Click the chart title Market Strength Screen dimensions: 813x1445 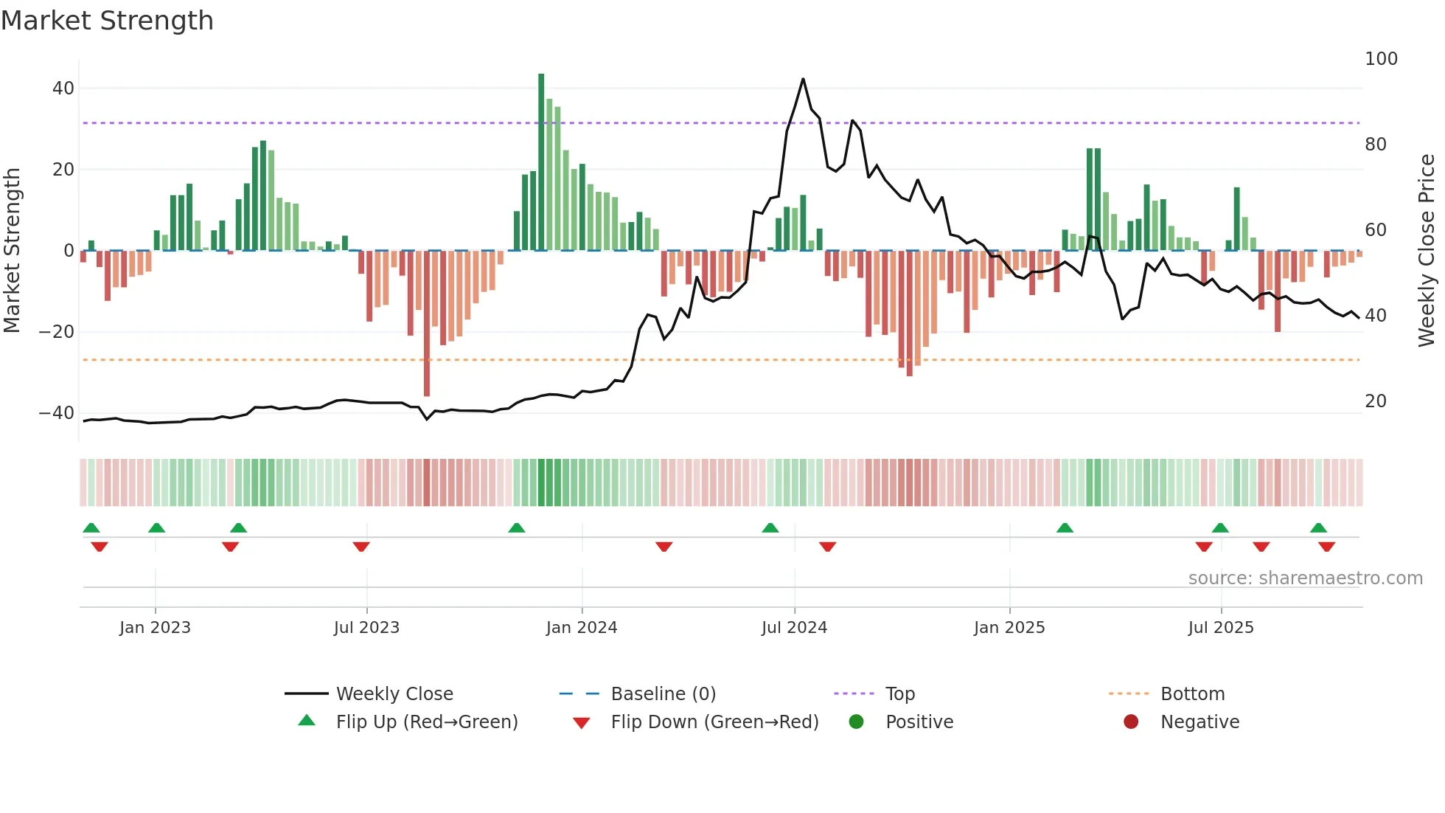[107, 21]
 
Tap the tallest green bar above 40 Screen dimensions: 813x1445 [541, 162]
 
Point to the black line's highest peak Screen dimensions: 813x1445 [803, 79]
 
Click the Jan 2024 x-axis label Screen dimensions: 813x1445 [582, 628]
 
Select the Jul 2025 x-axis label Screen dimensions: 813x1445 [1221, 628]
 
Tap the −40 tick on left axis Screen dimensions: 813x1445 [57, 413]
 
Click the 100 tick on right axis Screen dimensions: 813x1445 [1381, 59]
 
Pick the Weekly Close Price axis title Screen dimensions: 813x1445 [1427, 251]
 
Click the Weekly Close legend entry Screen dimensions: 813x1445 [394, 694]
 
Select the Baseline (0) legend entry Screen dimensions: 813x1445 [663, 694]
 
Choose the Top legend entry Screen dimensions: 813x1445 [899, 694]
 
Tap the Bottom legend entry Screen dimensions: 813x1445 [1192, 694]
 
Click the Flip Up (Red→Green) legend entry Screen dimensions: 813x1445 [426, 722]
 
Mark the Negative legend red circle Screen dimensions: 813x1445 [1131, 722]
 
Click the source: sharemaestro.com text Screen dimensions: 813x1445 [1305, 578]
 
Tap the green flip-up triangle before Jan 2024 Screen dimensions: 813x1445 [517, 528]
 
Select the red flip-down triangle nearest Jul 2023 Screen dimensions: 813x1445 [361, 547]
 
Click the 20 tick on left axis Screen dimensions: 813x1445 [63, 170]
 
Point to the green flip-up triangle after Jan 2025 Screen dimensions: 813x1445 [1065, 528]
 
